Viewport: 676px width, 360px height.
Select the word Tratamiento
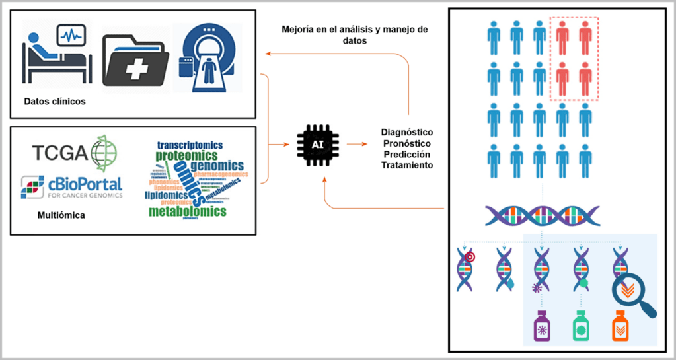[407, 165]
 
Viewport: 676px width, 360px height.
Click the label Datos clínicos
[55, 102]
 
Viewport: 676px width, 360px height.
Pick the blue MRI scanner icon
[207, 58]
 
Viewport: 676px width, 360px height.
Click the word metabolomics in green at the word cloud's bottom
[187, 212]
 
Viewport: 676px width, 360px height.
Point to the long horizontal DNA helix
[542, 216]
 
